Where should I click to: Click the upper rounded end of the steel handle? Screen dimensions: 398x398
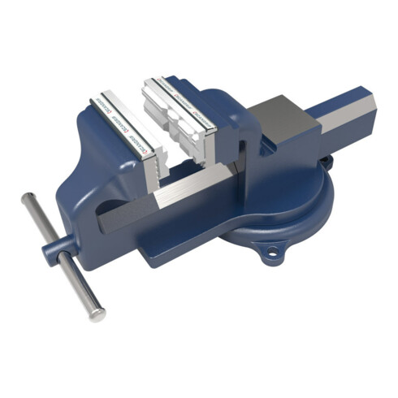(x=28, y=198)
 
